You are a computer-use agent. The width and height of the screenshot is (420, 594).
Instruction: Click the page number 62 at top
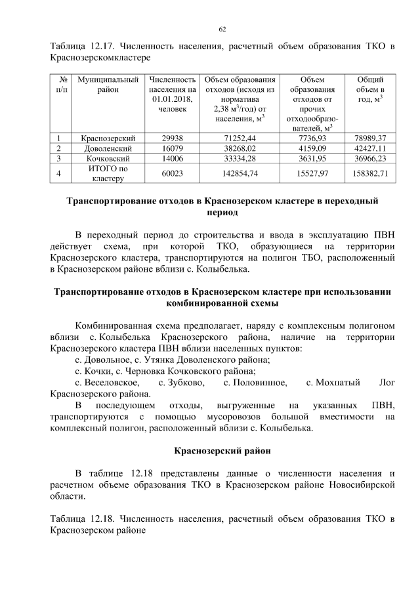coord(222,30)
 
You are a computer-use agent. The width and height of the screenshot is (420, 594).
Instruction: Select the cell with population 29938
coord(173,138)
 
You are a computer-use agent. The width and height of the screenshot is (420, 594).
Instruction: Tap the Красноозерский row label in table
coord(108,138)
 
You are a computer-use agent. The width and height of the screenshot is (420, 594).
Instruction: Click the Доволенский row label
coord(108,148)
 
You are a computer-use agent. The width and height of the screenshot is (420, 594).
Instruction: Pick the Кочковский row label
coord(108,158)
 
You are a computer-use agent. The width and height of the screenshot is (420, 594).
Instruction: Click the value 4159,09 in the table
coord(311,148)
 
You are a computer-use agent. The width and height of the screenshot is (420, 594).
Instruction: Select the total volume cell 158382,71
coord(369,173)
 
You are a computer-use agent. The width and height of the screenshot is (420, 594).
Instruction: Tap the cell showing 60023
coord(173,173)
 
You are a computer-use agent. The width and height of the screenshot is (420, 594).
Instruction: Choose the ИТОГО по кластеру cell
coord(108,173)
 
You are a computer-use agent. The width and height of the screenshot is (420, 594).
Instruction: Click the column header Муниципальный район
coord(108,84)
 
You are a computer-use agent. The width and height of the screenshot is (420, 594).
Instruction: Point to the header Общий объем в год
coord(369,89)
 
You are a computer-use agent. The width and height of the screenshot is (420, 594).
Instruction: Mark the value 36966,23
coord(369,158)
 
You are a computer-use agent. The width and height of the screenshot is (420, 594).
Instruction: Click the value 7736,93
coord(311,138)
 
